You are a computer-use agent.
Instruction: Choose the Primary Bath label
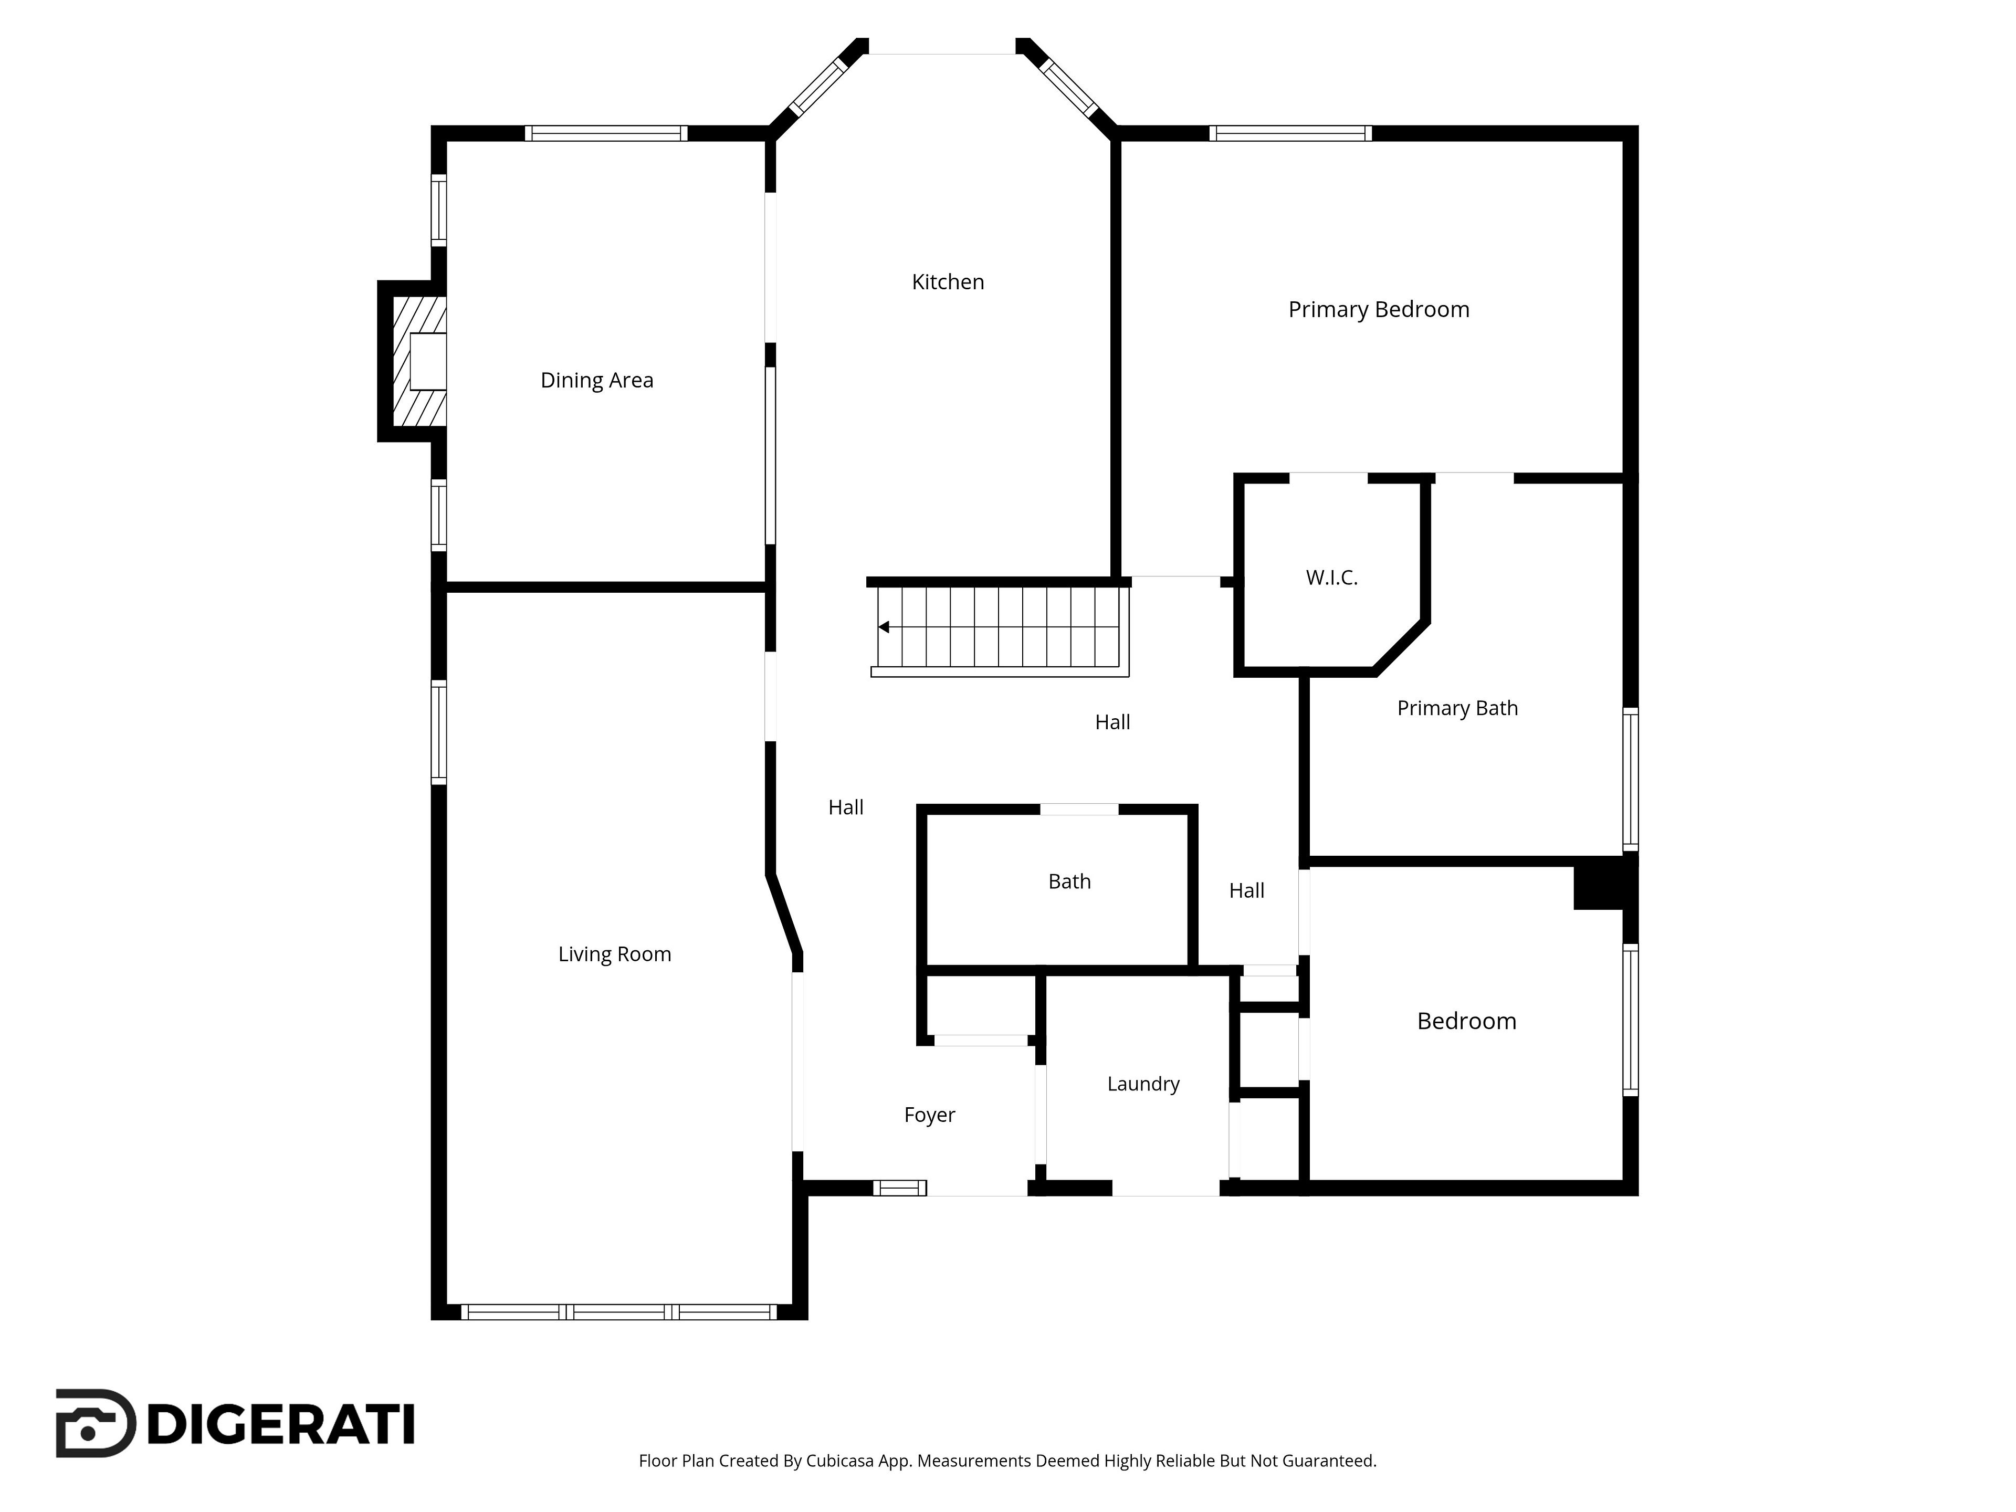(1457, 708)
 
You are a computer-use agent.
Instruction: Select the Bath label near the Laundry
(1069, 881)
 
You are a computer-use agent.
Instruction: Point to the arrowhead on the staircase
(883, 627)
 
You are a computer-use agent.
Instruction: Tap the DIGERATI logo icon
(96, 1424)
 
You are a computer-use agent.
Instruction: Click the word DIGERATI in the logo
(281, 1424)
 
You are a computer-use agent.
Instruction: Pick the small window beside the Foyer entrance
(899, 1188)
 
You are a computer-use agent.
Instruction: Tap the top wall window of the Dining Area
(606, 133)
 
